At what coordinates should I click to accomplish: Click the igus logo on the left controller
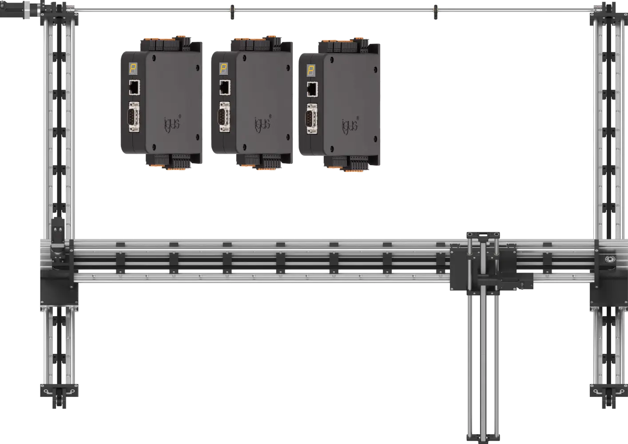point(172,123)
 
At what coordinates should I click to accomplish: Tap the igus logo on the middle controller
point(262,123)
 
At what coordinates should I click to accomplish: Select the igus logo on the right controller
point(350,125)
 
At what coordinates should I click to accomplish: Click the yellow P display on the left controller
point(133,69)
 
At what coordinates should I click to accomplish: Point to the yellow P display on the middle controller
point(223,69)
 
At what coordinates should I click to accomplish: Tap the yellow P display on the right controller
point(311,71)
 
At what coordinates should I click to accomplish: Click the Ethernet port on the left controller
point(135,87)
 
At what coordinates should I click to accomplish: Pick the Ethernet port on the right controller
point(312,89)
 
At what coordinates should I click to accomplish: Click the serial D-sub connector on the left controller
point(134,117)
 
